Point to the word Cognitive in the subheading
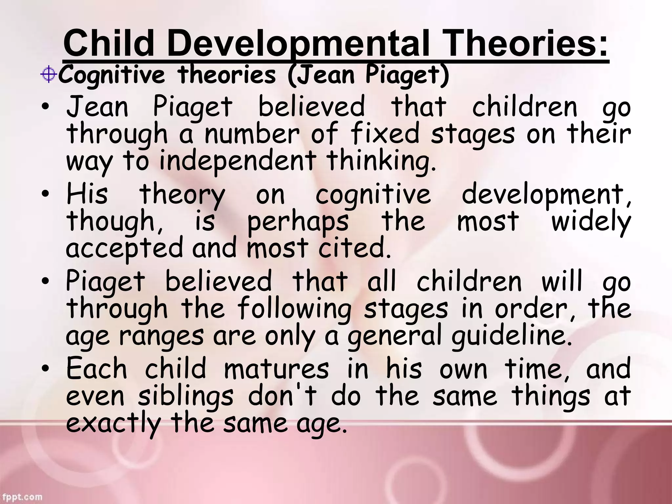112,75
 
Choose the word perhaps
298,222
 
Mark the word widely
591,222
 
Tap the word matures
276,368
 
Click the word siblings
185,396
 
